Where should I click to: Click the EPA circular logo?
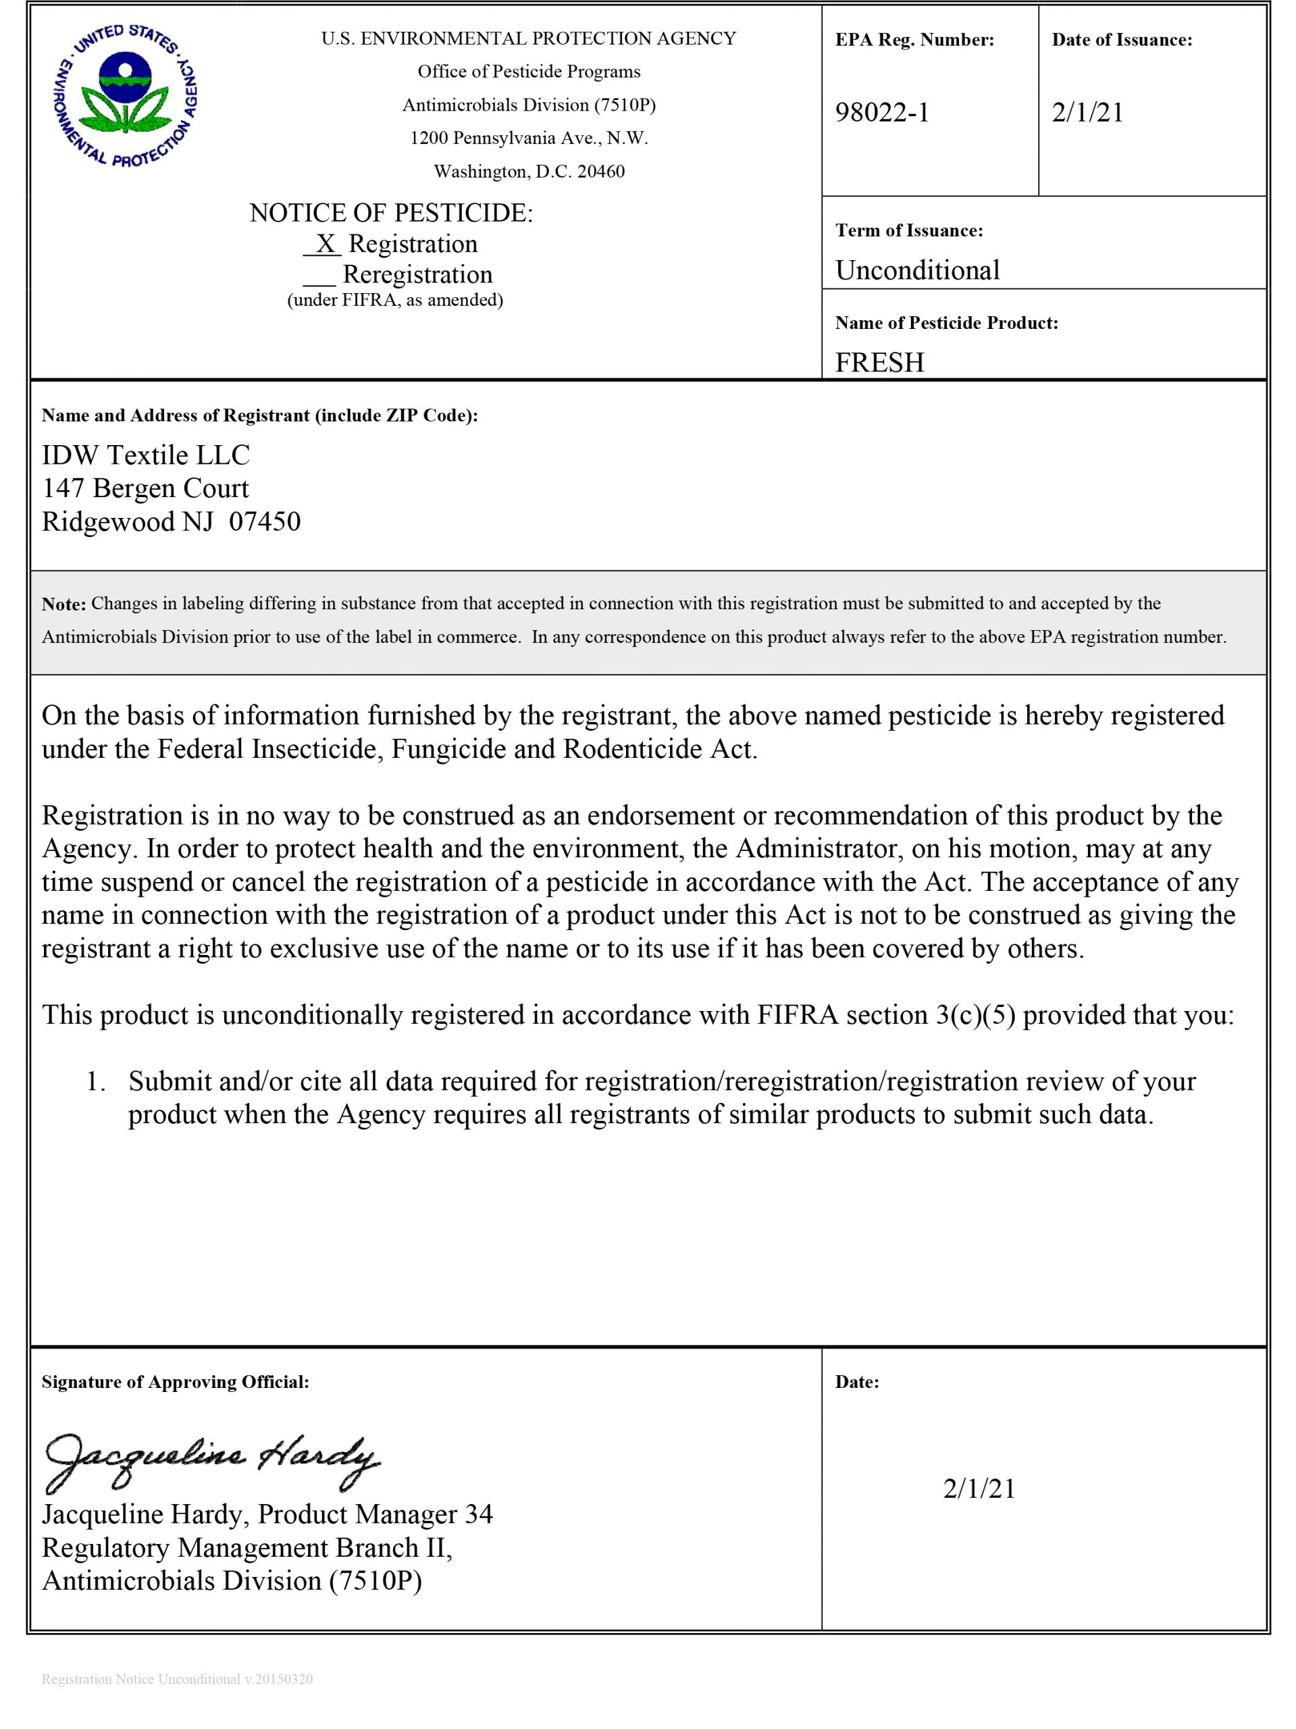tap(125, 95)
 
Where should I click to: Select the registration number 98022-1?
tap(882, 113)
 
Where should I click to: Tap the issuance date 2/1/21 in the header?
tap(1087, 113)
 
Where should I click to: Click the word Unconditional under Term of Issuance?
tap(917, 270)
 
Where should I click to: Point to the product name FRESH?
tap(879, 363)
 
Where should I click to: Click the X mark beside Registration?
tap(324, 244)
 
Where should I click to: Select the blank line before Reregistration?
tap(319, 276)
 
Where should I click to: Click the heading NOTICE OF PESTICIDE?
tap(391, 213)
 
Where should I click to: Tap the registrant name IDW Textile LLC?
tap(145, 455)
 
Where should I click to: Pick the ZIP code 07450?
tap(264, 521)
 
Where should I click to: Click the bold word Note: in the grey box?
tap(63, 604)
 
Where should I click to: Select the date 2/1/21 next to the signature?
tap(979, 1489)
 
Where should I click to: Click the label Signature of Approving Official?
tap(175, 1382)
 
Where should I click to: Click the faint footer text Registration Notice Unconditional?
tap(140, 1679)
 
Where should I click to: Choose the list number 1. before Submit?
tap(95, 1082)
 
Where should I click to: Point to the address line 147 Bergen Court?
tap(145, 488)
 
